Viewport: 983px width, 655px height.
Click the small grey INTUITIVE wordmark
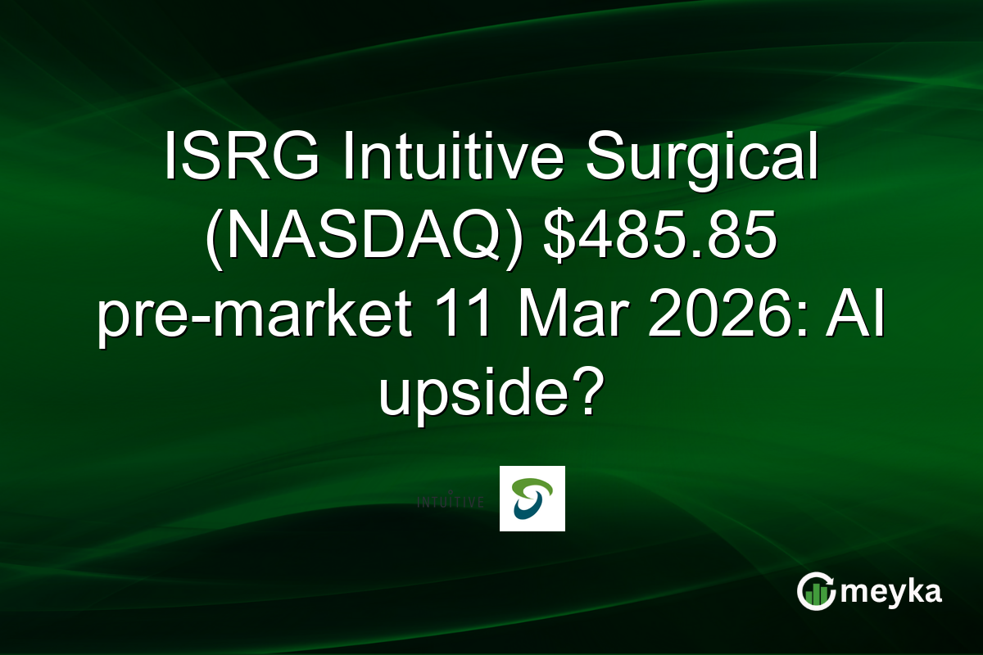click(x=451, y=499)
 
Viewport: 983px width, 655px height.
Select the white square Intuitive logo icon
click(x=532, y=499)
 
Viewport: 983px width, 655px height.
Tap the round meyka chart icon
click(x=814, y=592)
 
